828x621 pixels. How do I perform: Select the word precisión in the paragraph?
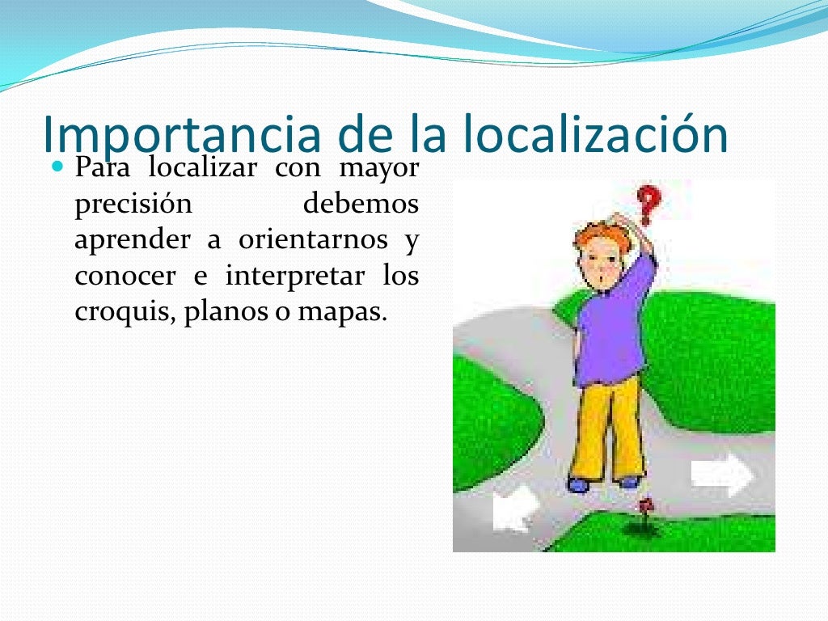coord(133,205)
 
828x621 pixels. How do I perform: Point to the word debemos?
coord(361,204)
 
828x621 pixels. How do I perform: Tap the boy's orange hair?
coord(602,239)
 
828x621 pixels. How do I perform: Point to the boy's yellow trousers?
coord(608,429)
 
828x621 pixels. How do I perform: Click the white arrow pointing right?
coord(722,473)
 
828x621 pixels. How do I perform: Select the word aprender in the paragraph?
coord(133,240)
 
